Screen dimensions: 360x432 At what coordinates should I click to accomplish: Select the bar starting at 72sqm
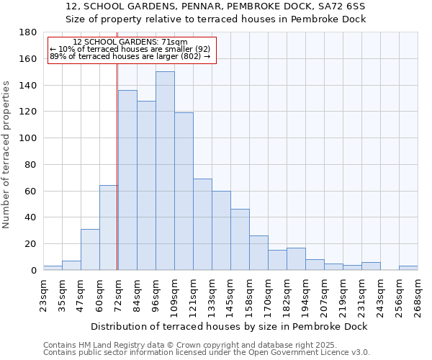coord(127,180)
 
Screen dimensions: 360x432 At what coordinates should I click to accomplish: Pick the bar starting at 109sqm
coord(184,191)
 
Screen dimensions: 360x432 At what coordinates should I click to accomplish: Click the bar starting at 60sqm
coord(109,228)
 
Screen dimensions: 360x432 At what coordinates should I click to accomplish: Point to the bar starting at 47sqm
coord(90,249)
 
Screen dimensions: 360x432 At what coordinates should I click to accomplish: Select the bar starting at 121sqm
coord(202,224)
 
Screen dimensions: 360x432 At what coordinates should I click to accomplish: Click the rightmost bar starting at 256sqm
coord(408,268)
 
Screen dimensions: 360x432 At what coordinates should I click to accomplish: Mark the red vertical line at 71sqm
coord(117,166)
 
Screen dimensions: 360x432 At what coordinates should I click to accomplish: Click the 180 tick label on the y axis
coord(28,32)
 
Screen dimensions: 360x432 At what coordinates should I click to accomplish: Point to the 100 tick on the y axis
coord(28,138)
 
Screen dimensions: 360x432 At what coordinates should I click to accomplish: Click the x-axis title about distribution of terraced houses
coord(230,326)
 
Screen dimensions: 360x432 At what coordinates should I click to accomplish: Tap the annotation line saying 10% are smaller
coord(130,49)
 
